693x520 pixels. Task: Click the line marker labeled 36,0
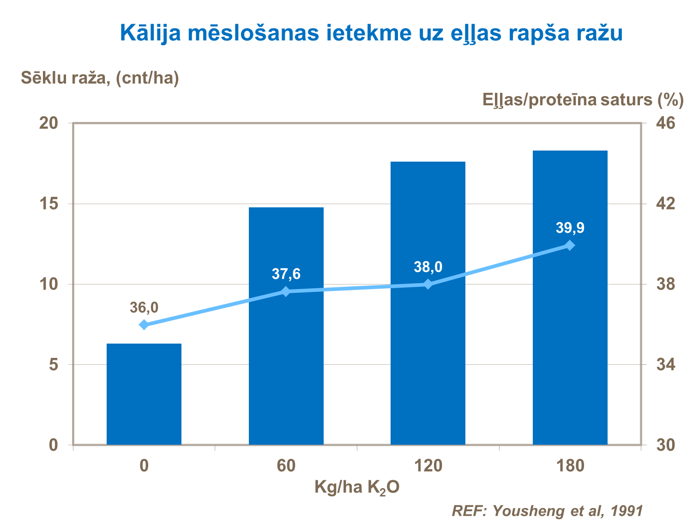(144, 325)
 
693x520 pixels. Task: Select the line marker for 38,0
(428, 284)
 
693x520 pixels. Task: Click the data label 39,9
(570, 228)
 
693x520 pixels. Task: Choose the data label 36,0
(144, 308)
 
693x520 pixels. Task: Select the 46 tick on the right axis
(665, 123)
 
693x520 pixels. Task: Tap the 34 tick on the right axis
(665, 365)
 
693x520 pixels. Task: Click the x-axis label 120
(428, 466)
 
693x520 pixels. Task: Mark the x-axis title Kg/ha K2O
(357, 487)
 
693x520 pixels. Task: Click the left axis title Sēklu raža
(100, 78)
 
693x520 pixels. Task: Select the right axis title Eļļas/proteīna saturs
(583, 100)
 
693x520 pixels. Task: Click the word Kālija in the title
(150, 33)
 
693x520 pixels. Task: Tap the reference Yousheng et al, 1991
(547, 511)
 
